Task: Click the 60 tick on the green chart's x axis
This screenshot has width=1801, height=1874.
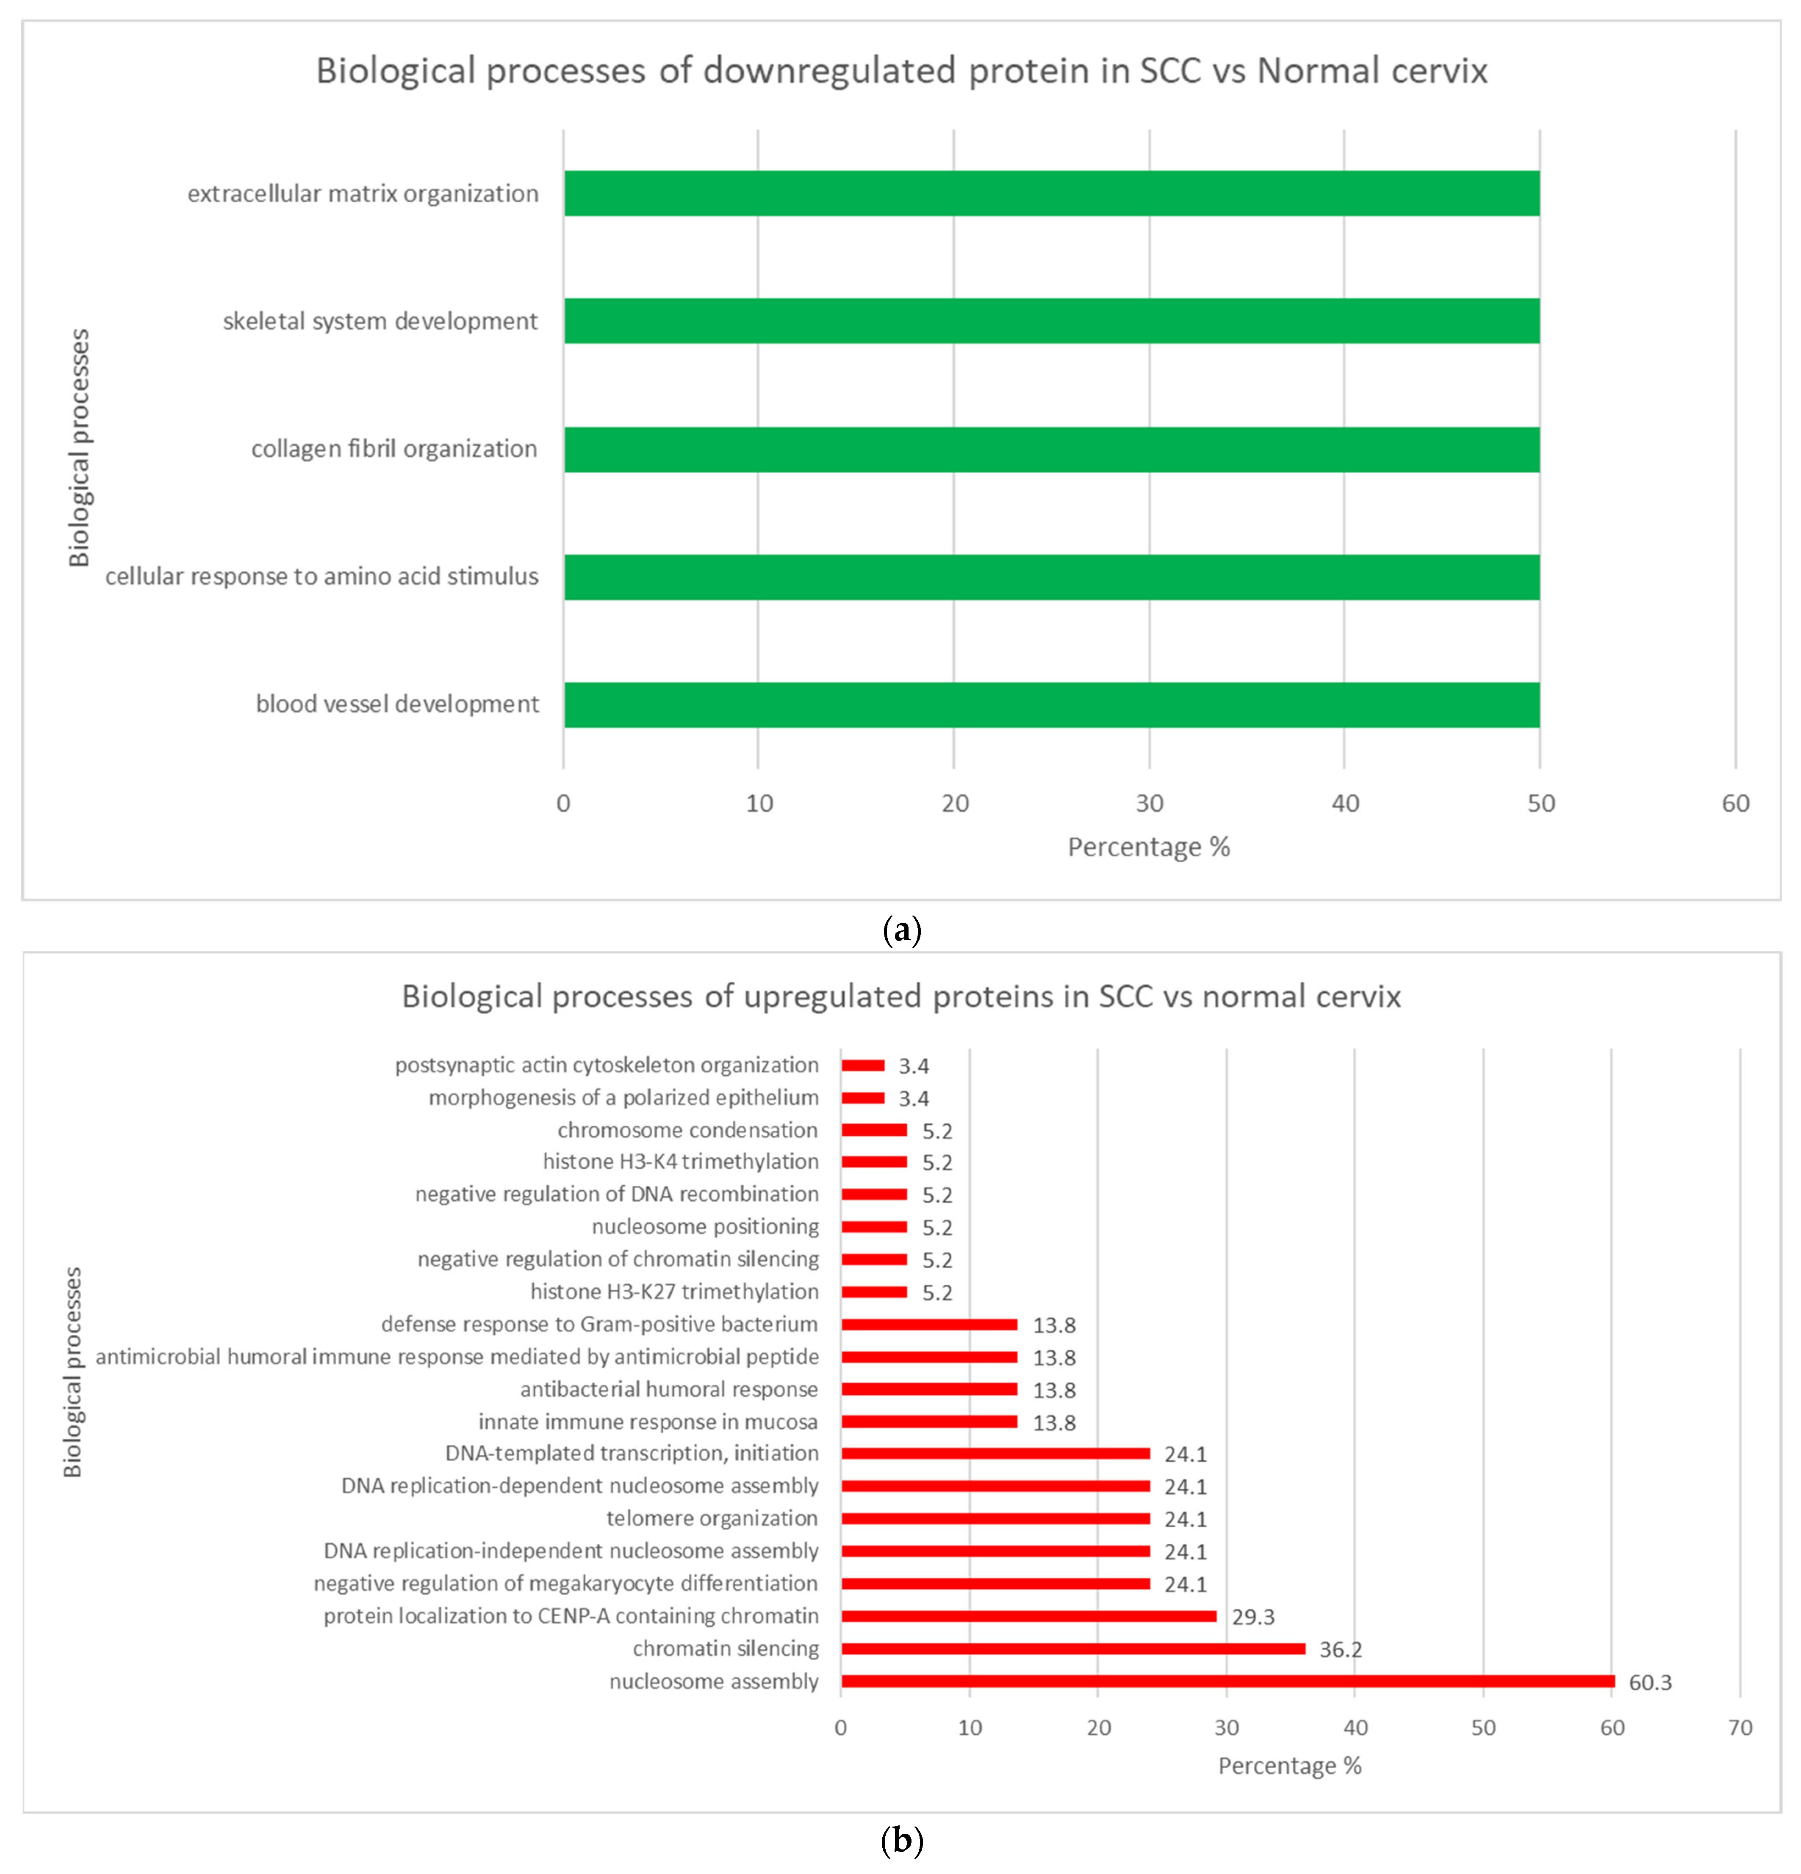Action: coord(1735,803)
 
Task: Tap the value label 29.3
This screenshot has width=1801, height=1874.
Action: coord(1253,1617)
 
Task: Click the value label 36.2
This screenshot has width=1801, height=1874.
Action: coord(1340,1649)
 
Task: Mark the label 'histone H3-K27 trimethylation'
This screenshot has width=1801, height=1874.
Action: coord(674,1292)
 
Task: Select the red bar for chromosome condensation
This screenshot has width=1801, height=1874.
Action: coord(873,1130)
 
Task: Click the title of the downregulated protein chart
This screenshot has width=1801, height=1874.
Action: coord(901,71)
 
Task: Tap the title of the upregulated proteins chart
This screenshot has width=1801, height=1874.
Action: coord(901,996)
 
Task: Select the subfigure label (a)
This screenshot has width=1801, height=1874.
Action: coord(901,929)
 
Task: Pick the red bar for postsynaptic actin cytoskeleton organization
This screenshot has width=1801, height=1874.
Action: coord(863,1065)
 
